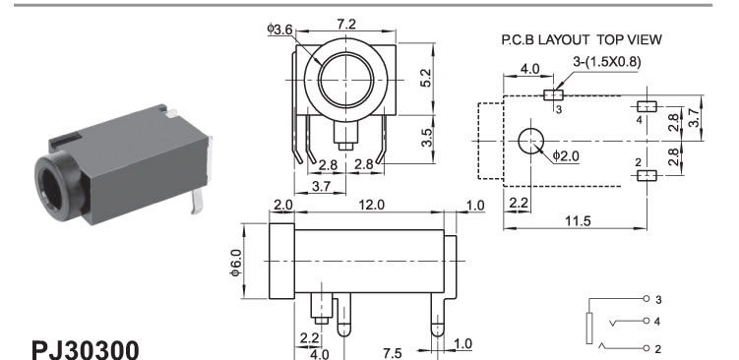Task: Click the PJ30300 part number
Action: (x=86, y=349)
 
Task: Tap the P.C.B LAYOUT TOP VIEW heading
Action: (x=582, y=40)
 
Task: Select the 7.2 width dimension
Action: (x=346, y=24)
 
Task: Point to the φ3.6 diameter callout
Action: (x=279, y=30)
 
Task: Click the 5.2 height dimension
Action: (x=425, y=79)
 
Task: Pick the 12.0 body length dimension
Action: (x=371, y=205)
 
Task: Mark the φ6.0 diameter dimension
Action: (x=236, y=262)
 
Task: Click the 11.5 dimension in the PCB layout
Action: (x=578, y=221)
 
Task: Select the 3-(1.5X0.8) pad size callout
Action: (x=607, y=62)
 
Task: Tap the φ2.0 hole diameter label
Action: (x=566, y=156)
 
